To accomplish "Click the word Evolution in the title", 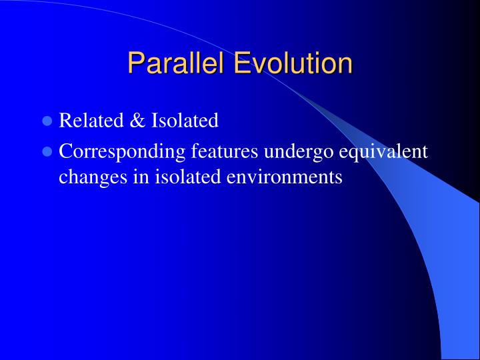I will coord(293,64).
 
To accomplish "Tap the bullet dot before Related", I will coord(47,121).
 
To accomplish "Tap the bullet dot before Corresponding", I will coord(47,152).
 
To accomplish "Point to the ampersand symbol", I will coord(136,121).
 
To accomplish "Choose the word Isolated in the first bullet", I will coord(185,121).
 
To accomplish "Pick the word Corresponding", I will coord(122,152).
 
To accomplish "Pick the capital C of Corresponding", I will coord(65,152).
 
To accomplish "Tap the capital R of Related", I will coord(65,121).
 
